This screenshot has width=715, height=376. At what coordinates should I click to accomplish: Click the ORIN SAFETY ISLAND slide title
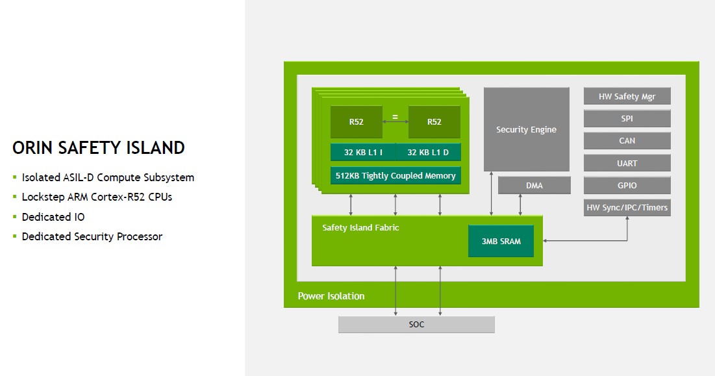click(98, 148)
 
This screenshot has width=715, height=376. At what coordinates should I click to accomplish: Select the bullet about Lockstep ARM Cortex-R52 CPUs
click(97, 197)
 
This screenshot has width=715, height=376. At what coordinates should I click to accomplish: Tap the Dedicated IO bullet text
click(53, 217)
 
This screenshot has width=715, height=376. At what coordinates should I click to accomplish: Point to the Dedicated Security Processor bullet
click(92, 236)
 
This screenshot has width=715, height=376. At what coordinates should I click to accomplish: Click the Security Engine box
click(526, 129)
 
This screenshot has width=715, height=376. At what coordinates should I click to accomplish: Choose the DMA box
click(534, 186)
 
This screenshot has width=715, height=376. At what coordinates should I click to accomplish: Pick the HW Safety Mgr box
click(627, 97)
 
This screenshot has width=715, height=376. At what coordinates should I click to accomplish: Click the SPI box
click(627, 119)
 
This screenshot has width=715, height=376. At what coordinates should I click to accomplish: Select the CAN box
click(627, 141)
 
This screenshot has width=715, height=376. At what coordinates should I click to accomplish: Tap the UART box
click(627, 163)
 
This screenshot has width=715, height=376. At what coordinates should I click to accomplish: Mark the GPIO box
click(627, 186)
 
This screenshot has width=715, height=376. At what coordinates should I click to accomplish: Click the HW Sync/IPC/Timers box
click(627, 208)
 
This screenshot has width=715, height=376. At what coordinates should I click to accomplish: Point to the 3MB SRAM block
click(501, 241)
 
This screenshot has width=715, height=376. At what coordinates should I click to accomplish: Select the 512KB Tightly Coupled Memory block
click(395, 175)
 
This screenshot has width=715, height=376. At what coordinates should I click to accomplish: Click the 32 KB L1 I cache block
click(363, 152)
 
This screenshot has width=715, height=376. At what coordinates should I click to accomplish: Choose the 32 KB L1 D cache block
click(429, 152)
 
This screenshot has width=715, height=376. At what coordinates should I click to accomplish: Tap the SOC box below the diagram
click(416, 324)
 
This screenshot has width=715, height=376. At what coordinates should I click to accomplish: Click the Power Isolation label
click(331, 296)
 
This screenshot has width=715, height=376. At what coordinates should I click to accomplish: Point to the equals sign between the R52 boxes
click(395, 118)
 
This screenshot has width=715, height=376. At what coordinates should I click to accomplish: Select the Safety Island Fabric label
click(360, 227)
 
